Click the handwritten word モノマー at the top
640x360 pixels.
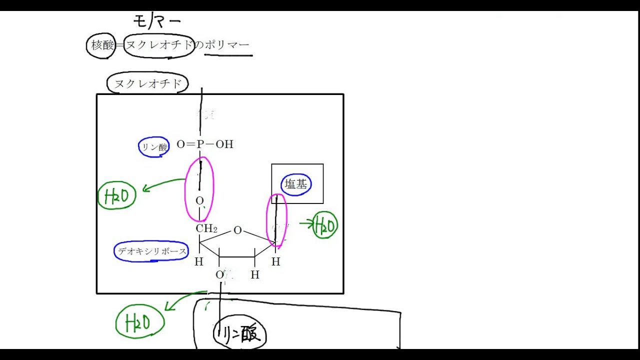coord(156,21)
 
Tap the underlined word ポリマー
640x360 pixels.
coord(227,45)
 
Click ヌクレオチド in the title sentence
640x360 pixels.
coord(159,45)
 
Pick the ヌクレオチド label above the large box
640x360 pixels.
coord(147,84)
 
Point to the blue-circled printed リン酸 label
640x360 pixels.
coord(154,147)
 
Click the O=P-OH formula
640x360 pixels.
coord(205,144)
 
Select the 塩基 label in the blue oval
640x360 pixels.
coord(296,184)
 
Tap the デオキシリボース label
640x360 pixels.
coord(151,251)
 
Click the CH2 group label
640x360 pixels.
coord(206,229)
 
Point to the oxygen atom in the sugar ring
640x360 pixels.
coord(237,230)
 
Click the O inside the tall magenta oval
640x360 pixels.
coord(199,201)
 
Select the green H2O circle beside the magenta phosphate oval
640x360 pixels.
coord(117,196)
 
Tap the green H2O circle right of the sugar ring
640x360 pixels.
coord(325,226)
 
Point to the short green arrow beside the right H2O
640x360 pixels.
coord(306,223)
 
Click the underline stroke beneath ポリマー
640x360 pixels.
coord(228,54)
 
